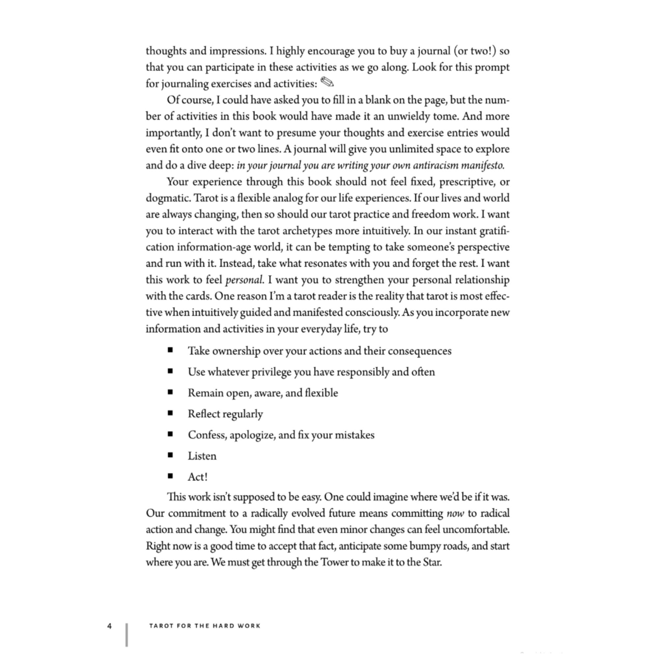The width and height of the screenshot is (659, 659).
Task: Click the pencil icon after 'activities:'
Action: (x=327, y=82)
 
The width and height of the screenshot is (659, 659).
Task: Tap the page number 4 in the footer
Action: (x=109, y=626)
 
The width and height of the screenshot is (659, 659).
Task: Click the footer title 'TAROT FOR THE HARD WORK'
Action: (x=205, y=626)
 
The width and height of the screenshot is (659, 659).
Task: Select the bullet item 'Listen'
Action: (x=202, y=456)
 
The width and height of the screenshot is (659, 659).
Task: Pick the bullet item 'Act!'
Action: (x=197, y=477)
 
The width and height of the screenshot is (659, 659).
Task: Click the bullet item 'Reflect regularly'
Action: (x=225, y=414)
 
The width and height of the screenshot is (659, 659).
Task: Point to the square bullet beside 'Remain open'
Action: (x=170, y=393)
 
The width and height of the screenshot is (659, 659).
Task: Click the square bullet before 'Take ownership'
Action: (x=170, y=350)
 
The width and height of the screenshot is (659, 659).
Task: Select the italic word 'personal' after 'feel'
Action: (x=244, y=280)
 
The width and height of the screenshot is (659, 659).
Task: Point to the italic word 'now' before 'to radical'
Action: (x=455, y=513)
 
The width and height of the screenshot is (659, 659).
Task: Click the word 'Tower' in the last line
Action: (x=334, y=562)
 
